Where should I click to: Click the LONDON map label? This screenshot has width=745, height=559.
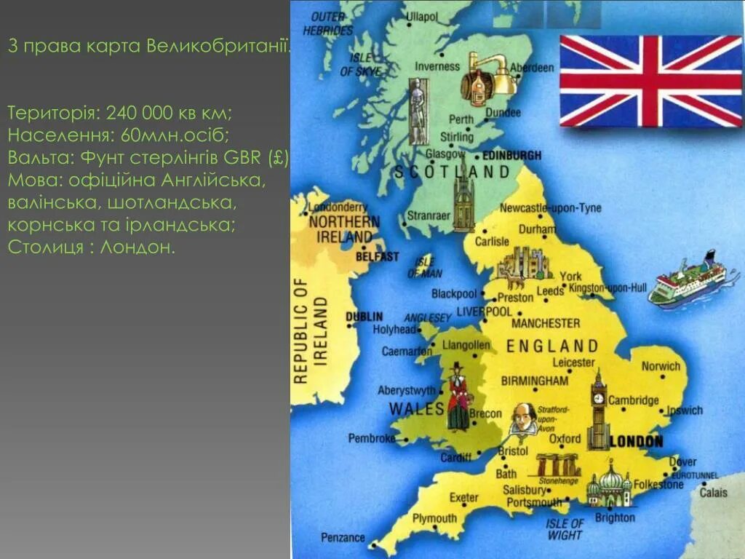(637, 442)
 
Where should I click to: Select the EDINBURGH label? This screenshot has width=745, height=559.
(512, 155)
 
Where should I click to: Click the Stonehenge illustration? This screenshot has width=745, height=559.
(559, 466)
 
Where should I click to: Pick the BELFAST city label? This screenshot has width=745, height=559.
(378, 256)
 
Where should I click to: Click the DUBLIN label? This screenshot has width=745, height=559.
(364, 317)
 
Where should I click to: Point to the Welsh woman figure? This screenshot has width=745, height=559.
(458, 397)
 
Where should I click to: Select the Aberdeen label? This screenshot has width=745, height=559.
(532, 68)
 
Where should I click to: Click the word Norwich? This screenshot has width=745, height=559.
(660, 366)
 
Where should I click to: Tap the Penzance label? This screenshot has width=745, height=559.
(343, 538)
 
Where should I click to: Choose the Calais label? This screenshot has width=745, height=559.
(713, 493)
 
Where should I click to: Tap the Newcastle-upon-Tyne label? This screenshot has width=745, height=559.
(551, 208)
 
